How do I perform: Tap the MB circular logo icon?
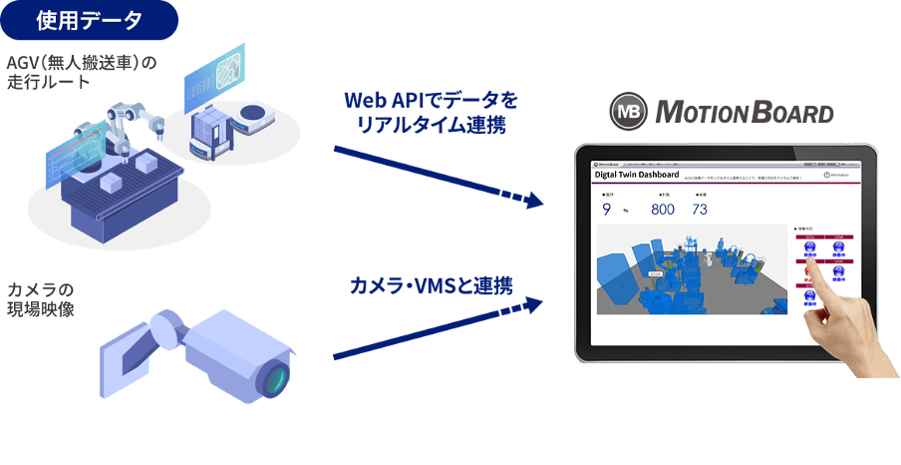(629, 111)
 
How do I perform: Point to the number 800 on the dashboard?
(663, 210)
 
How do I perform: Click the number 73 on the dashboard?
(700, 210)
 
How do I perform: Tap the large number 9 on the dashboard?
(607, 210)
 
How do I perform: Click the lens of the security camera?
(275, 378)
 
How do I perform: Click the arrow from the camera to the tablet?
(439, 327)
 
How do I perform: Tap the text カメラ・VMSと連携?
(431, 285)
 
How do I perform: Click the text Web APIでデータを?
(432, 101)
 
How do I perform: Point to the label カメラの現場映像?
(40, 299)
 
